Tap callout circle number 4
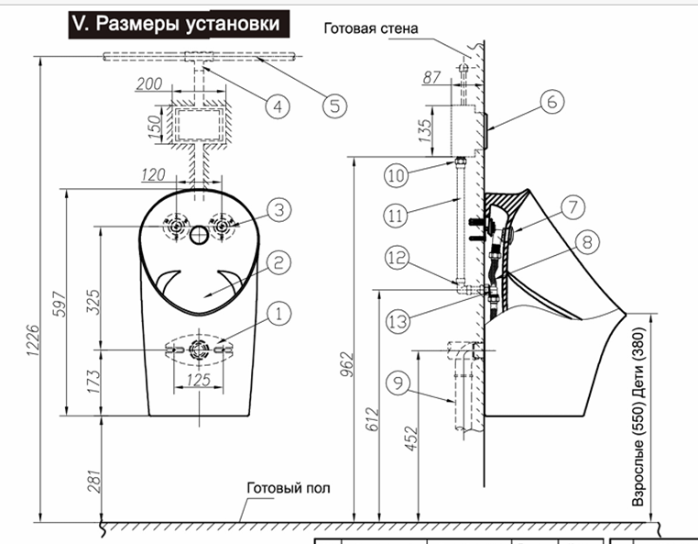pyautogui.click(x=278, y=105)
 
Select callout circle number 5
pyautogui.click(x=334, y=104)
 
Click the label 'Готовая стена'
pyautogui.click(x=370, y=28)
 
